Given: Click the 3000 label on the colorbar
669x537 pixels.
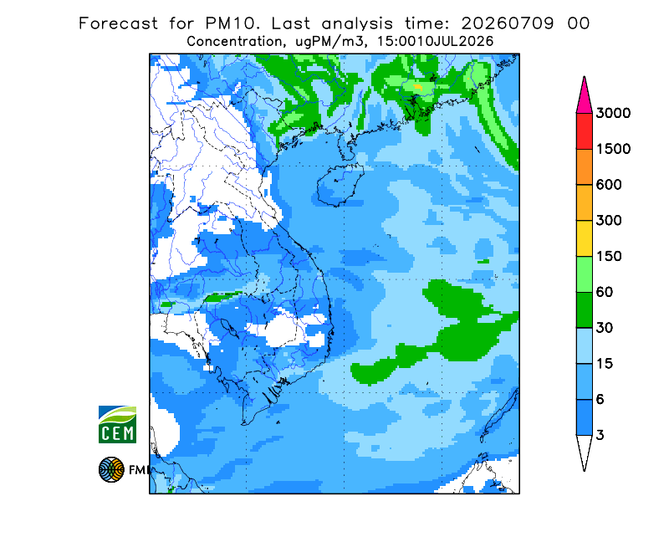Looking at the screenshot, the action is tap(613, 113).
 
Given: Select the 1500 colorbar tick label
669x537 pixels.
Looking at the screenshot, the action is tap(613, 149).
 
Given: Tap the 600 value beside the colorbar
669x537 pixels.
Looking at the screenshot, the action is tap(609, 185).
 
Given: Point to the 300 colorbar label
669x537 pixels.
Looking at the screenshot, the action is tap(609, 221).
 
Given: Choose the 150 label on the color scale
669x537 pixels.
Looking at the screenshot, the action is tap(609, 257).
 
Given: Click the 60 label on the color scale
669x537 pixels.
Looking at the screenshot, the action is tap(605, 293).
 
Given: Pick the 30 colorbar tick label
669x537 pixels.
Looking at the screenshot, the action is tap(605, 328).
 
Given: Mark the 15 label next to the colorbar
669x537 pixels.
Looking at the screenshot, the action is tap(605, 364).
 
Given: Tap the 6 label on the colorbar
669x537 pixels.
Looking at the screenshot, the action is tap(600, 400).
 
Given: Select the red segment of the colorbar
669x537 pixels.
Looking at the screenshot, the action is tap(584, 131).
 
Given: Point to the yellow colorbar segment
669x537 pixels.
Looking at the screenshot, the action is tap(584, 238).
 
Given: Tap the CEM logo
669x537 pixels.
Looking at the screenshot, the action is tap(117, 424).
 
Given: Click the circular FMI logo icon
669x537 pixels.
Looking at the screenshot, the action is tap(111, 469).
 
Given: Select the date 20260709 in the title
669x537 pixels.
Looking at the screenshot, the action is tap(508, 23).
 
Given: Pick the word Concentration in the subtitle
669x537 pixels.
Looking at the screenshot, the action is tap(234, 42).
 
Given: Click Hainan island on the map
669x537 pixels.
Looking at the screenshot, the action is tap(340, 184).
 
